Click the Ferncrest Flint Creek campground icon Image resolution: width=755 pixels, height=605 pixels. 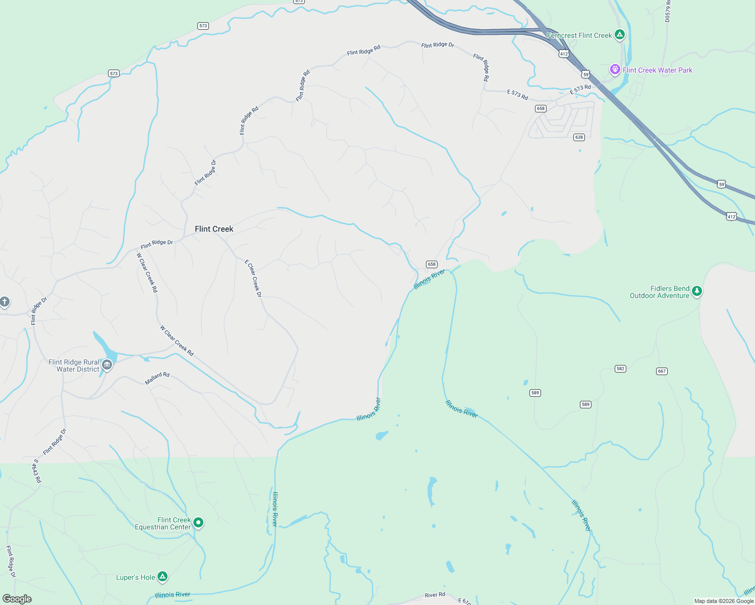pyautogui.click(x=620, y=35)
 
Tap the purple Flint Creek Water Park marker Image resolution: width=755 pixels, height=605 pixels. pyautogui.click(x=615, y=70)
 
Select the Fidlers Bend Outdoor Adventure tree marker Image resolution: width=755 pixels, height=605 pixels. pyautogui.click(x=697, y=291)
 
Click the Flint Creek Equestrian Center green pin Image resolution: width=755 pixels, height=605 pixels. pyautogui.click(x=198, y=522)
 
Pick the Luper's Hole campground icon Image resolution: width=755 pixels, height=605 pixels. pyautogui.click(x=162, y=576)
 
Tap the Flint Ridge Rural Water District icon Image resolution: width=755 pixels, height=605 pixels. pyautogui.click(x=106, y=365)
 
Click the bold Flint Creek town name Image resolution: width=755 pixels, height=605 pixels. pyautogui.click(x=214, y=229)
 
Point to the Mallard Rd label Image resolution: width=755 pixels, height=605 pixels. pyautogui.click(x=157, y=378)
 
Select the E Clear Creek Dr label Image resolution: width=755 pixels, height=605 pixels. pyautogui.click(x=253, y=278)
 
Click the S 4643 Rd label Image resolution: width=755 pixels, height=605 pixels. pyautogui.click(x=37, y=470)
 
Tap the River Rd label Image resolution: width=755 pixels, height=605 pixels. pyautogui.click(x=435, y=595)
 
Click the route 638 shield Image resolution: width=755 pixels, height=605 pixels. pyautogui.click(x=579, y=137)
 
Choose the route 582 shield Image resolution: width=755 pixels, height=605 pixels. pyautogui.click(x=620, y=369)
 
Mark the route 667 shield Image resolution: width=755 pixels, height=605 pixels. pyautogui.click(x=662, y=371)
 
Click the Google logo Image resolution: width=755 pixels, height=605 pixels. pyautogui.click(x=17, y=599)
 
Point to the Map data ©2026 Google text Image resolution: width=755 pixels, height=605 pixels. pyautogui.click(x=724, y=601)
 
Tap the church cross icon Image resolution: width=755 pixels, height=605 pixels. pyautogui.click(x=5, y=302)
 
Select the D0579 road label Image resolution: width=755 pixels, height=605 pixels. pyautogui.click(x=668, y=10)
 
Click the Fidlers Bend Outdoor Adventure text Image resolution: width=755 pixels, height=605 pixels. pyautogui.click(x=660, y=292)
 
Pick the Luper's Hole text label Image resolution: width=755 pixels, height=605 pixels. pyautogui.click(x=135, y=577)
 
